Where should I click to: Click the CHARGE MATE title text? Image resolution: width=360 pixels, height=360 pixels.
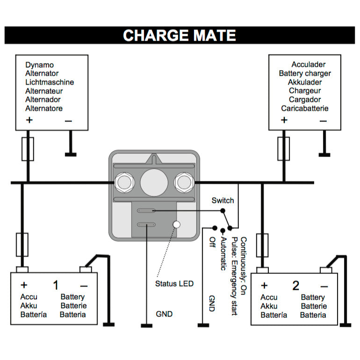tap(180, 36)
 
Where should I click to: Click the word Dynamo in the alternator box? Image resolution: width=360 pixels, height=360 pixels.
tap(39, 65)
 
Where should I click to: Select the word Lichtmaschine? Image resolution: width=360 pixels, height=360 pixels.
tap(50, 82)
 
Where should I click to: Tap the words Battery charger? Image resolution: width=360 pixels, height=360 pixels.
tap(305, 73)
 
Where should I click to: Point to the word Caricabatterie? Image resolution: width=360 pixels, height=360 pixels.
tap(305, 108)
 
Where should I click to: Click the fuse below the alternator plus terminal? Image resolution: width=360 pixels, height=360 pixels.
tap(28, 149)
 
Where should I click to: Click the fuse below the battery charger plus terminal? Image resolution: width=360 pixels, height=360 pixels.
tap(284, 149)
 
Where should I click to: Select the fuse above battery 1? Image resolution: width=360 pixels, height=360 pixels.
tap(22, 244)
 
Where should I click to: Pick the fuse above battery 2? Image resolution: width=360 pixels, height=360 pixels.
tap(262, 244)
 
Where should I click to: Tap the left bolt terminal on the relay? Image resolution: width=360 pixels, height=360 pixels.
tap(124, 181)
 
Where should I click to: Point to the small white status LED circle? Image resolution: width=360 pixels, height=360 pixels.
tap(176, 224)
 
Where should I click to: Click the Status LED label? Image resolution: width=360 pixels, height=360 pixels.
tap(174, 284)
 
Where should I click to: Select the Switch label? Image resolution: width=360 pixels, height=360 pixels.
tap(223, 201)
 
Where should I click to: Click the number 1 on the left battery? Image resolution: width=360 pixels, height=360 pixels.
tap(56, 285)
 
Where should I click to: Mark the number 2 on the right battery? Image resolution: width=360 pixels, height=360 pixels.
tap(295, 286)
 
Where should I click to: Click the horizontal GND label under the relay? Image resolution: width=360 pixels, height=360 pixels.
tap(164, 314)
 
